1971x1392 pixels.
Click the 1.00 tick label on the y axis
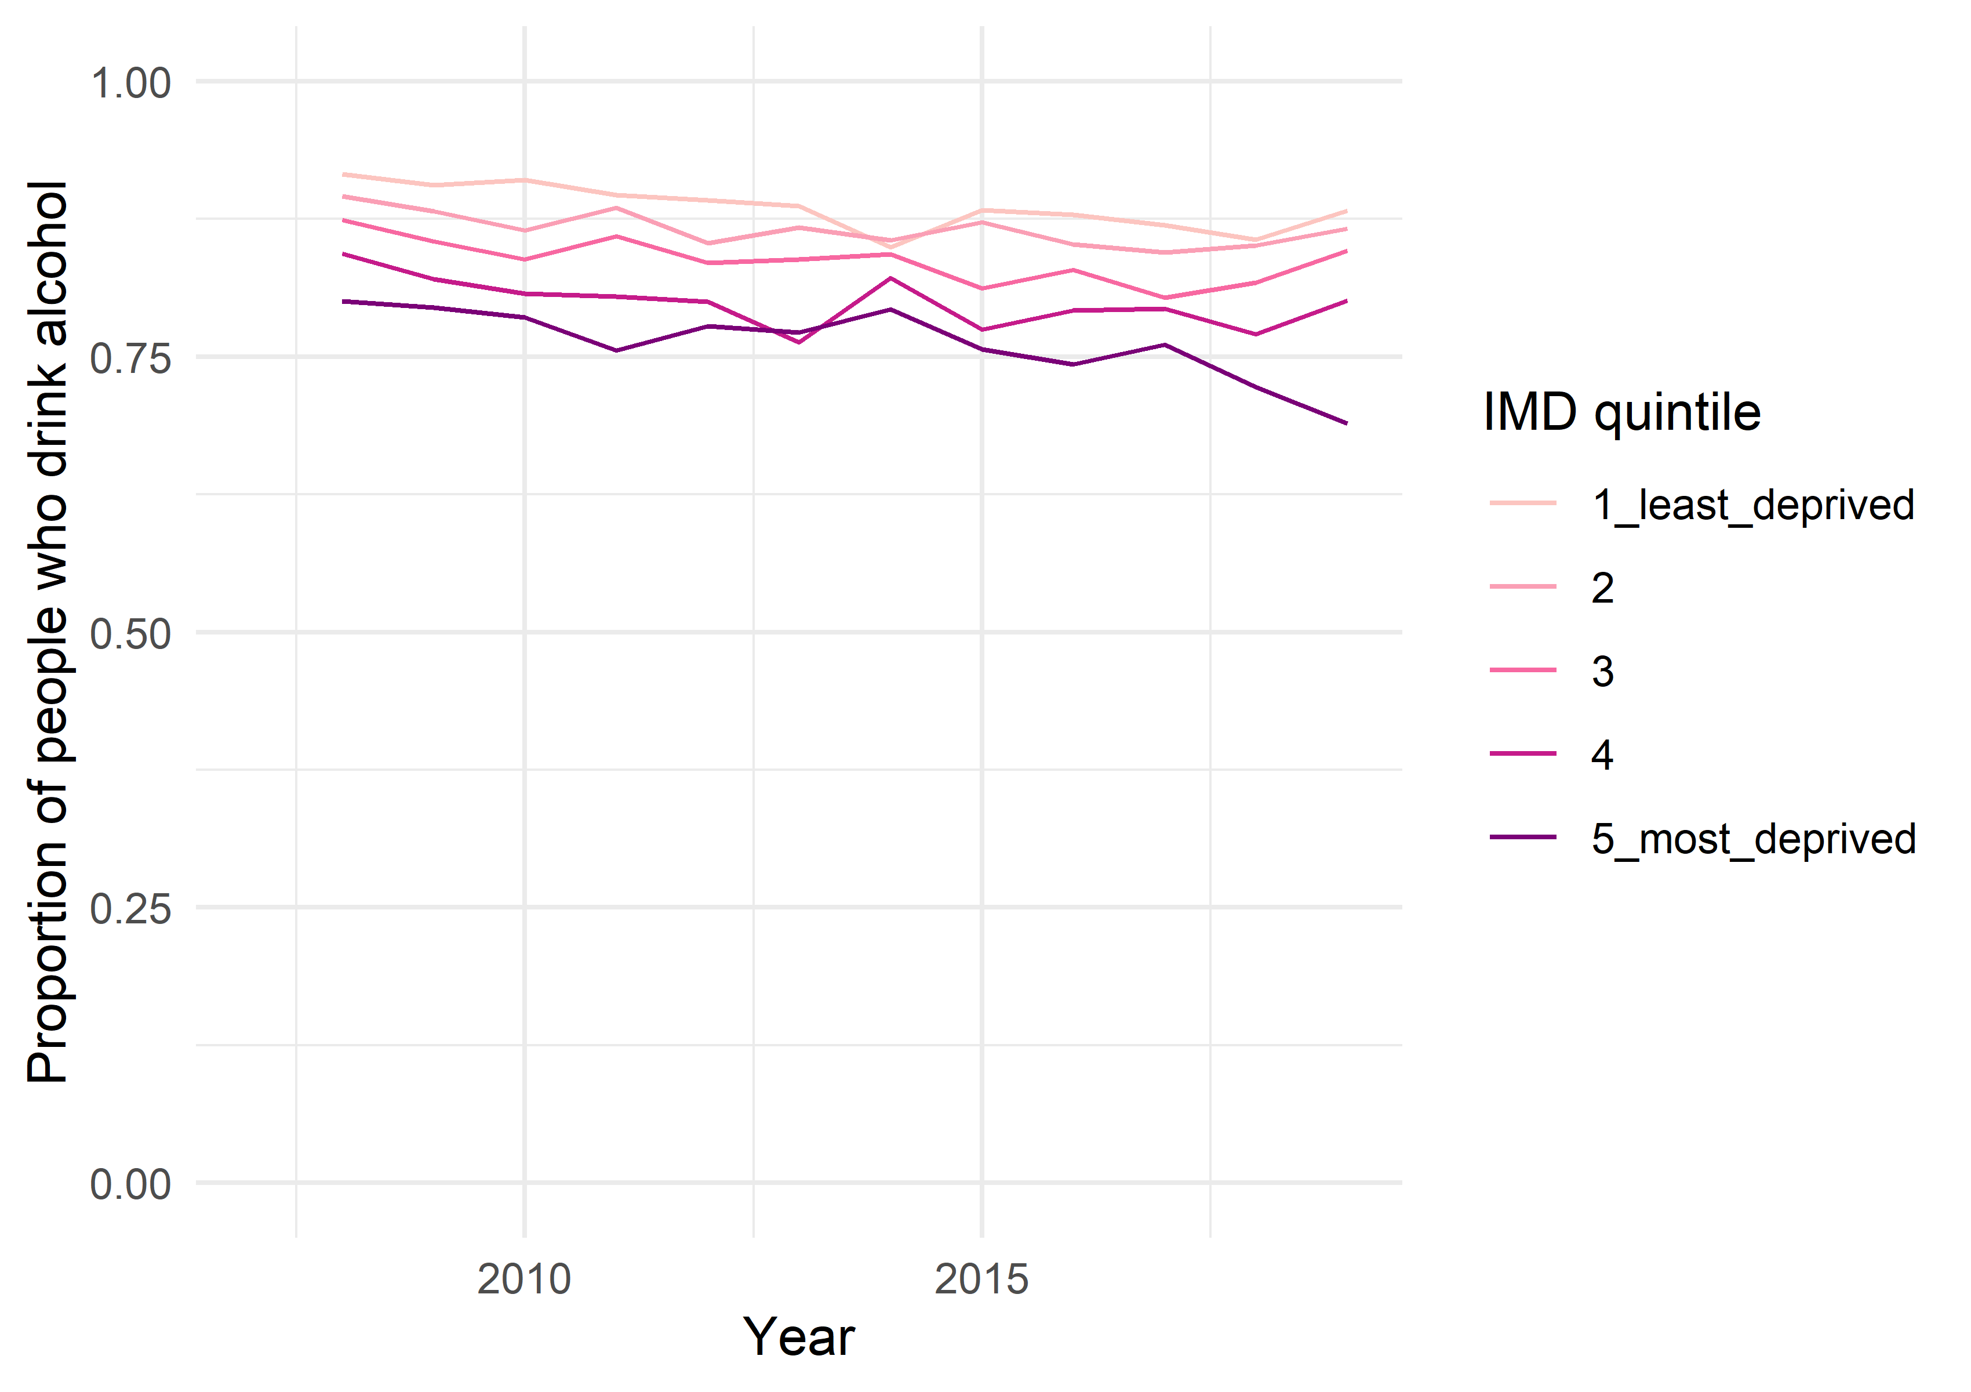point(130,84)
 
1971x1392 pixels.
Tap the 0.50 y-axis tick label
point(130,634)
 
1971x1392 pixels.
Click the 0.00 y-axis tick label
point(130,1184)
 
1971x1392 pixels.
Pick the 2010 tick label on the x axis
point(523,1279)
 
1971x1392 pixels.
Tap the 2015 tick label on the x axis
point(981,1279)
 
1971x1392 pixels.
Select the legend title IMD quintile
point(1621,412)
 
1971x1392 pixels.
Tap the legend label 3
point(1602,672)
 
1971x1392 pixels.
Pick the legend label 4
point(1602,755)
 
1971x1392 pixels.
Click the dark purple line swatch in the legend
point(1523,838)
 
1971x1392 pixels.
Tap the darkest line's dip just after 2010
point(616,350)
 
